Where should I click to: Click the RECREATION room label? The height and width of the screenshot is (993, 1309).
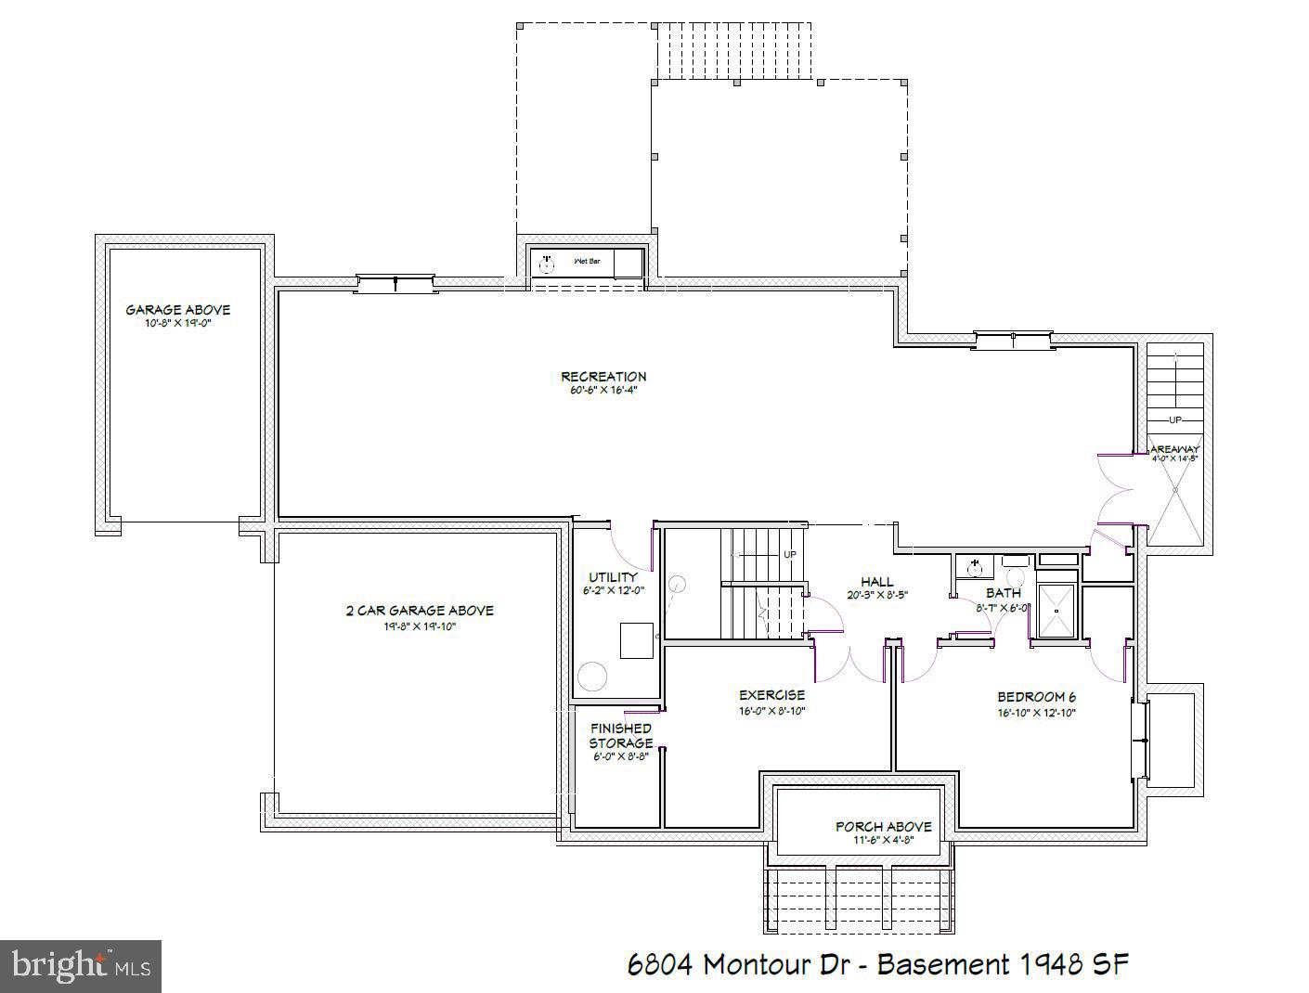point(603,377)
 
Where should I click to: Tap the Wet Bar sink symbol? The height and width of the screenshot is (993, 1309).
point(547,264)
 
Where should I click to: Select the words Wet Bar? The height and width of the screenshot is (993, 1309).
point(587,262)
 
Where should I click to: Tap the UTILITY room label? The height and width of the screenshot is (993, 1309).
point(613,577)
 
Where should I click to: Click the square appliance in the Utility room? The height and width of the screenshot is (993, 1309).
point(637,640)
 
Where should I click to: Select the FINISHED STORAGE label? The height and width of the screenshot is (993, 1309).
point(620,736)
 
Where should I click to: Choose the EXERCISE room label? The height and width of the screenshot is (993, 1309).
point(771,695)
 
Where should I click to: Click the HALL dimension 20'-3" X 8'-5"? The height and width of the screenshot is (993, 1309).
point(876,596)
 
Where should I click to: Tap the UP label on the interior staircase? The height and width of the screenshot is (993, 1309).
point(790,555)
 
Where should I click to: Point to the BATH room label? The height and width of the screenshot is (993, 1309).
point(1003,593)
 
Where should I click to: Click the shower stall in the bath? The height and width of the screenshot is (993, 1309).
point(1055,611)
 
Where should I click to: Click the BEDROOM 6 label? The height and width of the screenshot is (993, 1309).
point(1036,697)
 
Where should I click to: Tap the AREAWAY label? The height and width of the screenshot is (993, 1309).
point(1175,449)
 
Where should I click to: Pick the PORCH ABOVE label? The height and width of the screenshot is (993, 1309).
point(883,826)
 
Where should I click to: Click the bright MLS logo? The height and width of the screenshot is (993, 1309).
point(81,966)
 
